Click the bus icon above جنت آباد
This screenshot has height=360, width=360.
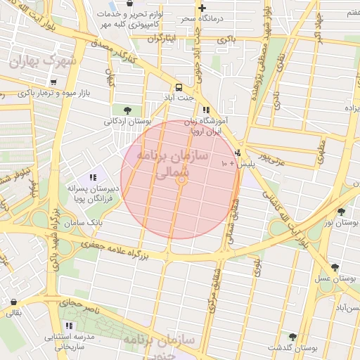tap(180, 88)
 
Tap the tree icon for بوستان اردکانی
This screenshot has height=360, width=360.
tap(127, 110)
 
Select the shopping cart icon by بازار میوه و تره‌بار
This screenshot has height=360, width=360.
tap(53, 82)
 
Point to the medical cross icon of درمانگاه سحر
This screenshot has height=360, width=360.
tap(202, 7)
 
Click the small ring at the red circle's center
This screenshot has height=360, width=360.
tap(181, 180)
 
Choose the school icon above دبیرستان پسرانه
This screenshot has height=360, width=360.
tap(93, 177)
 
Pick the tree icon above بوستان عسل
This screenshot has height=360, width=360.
tap(335, 267)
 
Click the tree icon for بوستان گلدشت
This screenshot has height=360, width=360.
tap(292, 337)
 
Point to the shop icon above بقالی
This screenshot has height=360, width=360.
tap(14, 302)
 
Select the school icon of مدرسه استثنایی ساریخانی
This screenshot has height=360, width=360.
tap(69, 326)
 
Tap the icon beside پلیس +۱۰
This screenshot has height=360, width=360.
tap(237, 153)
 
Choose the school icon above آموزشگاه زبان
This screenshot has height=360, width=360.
tap(206, 110)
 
